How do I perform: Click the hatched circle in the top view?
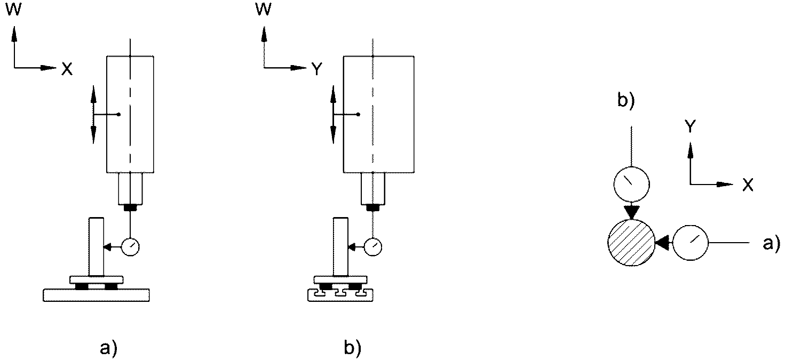[x=631, y=243]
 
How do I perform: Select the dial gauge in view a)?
[x=130, y=247]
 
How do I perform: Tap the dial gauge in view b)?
[x=373, y=247]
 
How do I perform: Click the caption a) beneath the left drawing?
[x=108, y=349]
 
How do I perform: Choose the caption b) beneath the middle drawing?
[x=352, y=348]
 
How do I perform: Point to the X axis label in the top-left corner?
[x=67, y=69]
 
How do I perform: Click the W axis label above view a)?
[x=14, y=10]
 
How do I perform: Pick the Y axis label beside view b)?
[x=317, y=69]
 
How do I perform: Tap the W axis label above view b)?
[x=263, y=10]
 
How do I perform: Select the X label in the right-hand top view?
[x=748, y=185]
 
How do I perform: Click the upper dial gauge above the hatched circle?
[x=631, y=184]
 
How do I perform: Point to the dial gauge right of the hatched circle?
[x=691, y=243]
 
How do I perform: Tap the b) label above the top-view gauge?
[x=626, y=100]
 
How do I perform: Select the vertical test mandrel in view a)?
[x=96, y=246]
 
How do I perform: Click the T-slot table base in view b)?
[x=340, y=295]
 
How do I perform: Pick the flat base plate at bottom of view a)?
[x=97, y=295]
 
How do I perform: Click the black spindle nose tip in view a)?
[x=130, y=208]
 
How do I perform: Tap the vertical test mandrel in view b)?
[x=340, y=246]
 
